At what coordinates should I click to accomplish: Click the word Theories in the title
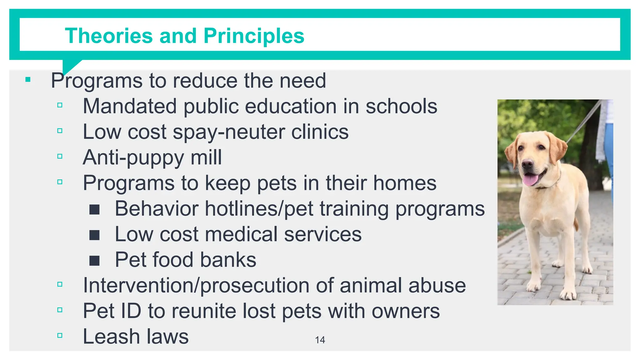point(108,36)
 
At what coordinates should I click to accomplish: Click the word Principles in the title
point(254,36)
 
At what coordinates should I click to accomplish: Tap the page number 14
point(320,340)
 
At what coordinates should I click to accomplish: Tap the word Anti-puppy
point(133,157)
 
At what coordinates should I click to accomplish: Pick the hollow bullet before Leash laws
point(60,336)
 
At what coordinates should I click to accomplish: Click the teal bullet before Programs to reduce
point(28,80)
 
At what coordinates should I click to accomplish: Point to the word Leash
point(111,337)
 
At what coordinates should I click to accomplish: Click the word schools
point(401,106)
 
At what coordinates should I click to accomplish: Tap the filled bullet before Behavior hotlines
point(94,209)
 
